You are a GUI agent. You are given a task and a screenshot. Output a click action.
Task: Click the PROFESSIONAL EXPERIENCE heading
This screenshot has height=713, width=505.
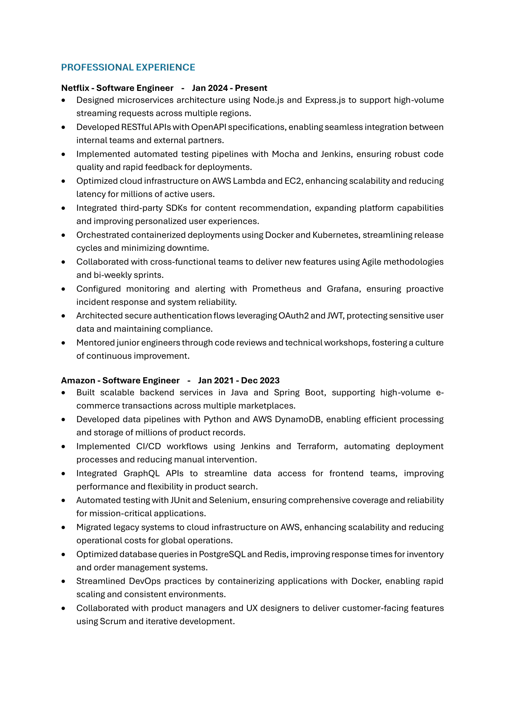(x=128, y=67)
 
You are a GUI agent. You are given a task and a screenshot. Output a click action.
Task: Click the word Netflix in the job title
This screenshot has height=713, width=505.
(x=75, y=88)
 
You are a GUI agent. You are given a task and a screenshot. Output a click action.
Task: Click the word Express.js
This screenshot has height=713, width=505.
(x=325, y=100)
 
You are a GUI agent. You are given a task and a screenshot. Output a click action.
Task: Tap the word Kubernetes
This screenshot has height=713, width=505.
(x=335, y=235)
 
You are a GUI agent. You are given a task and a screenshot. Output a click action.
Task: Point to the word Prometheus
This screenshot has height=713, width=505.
(x=276, y=289)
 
